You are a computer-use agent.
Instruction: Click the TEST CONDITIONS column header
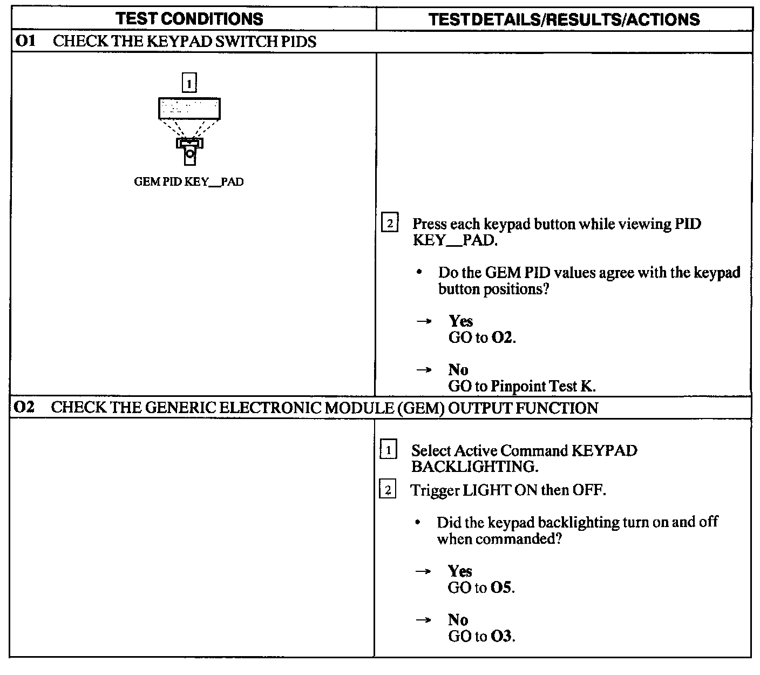(189, 19)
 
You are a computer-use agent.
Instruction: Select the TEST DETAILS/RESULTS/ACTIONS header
(564, 19)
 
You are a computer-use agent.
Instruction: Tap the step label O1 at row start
(25, 42)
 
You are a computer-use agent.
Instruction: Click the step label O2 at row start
(24, 407)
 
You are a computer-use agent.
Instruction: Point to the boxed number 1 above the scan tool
(189, 83)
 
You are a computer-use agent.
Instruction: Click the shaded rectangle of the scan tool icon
(189, 109)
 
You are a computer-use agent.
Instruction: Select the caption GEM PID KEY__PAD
(188, 182)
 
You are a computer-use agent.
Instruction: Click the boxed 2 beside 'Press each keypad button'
(390, 223)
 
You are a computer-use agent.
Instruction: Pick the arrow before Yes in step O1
(424, 321)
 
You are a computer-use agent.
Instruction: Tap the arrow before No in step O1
(424, 370)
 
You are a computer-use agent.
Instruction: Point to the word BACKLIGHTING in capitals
(474, 466)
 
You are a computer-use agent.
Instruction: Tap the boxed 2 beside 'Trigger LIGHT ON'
(388, 490)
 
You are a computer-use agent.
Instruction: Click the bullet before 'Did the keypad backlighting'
(418, 523)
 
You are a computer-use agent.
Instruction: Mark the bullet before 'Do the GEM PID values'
(419, 273)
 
